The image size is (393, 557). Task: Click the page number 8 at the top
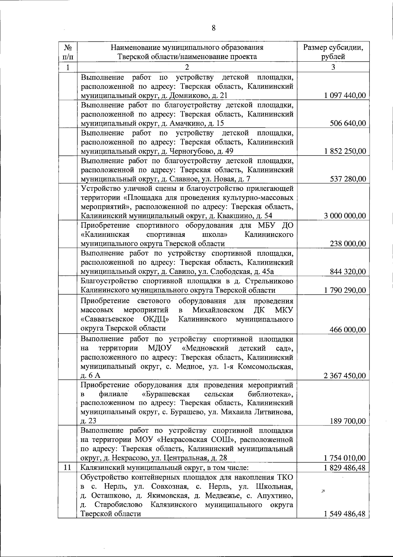(x=213, y=28)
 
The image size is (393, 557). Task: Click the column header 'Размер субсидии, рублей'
(x=333, y=52)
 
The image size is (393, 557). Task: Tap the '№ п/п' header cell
(x=67, y=52)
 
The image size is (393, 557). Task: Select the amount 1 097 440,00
(x=345, y=95)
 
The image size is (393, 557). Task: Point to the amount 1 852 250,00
(x=345, y=151)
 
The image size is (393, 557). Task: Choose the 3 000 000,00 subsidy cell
(x=345, y=216)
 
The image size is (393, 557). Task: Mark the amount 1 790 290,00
(x=345, y=290)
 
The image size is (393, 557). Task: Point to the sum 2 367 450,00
(x=345, y=376)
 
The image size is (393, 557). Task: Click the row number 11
(x=67, y=467)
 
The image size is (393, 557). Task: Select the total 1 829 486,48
(x=345, y=467)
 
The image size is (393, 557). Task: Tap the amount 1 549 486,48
(x=345, y=514)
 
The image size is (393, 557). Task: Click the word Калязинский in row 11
(x=100, y=467)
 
